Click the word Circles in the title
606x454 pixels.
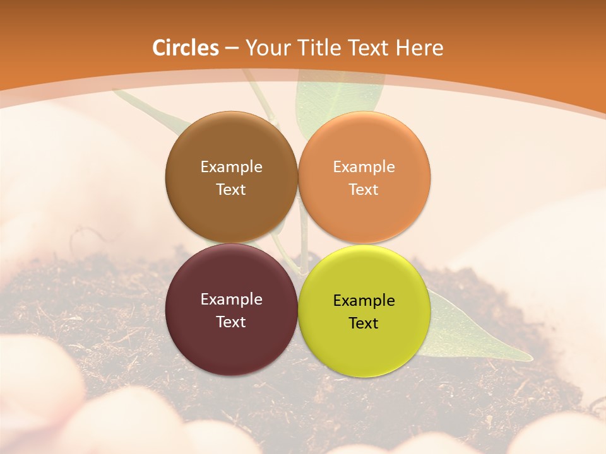click(185, 48)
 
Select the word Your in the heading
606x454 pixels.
click(266, 48)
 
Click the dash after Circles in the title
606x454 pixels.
click(232, 49)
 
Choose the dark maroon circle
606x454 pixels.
click(231, 344)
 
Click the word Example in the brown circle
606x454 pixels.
click(231, 166)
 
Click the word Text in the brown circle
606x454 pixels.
click(231, 189)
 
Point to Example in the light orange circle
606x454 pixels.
click(364, 166)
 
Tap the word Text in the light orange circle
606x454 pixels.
click(364, 189)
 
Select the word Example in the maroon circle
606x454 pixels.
click(231, 299)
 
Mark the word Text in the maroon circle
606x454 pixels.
click(231, 322)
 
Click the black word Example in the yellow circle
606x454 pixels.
click(364, 300)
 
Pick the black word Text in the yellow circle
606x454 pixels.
click(364, 323)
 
